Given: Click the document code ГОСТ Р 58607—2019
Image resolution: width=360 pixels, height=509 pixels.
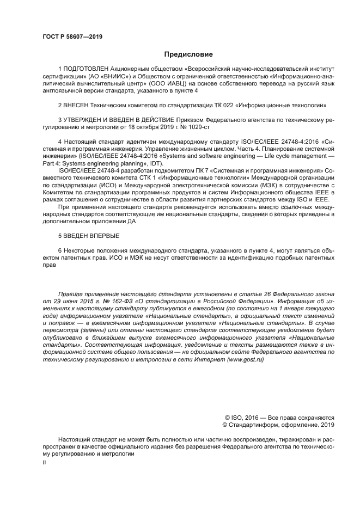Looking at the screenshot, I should pyautogui.click(x=72, y=37).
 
